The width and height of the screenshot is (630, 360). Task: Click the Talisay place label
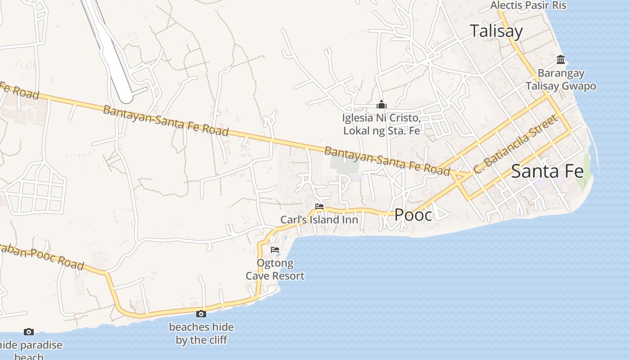click(x=496, y=31)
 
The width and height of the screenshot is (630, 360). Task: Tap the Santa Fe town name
click(x=547, y=171)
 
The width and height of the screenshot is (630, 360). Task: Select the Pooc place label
click(x=413, y=215)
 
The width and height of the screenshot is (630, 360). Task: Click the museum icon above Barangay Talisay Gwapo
click(x=561, y=59)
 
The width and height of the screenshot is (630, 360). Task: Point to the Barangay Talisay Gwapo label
click(x=561, y=80)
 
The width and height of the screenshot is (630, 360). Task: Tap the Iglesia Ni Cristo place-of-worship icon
click(x=382, y=105)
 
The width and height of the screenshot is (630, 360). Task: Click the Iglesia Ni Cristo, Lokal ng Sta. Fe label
click(x=382, y=124)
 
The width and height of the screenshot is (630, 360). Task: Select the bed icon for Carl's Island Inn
click(x=319, y=207)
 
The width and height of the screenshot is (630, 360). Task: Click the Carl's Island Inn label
click(x=319, y=220)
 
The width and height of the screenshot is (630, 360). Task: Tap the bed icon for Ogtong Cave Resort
click(x=275, y=250)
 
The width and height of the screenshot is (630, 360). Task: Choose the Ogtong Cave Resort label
click(x=275, y=270)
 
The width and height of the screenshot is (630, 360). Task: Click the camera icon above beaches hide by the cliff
click(x=201, y=314)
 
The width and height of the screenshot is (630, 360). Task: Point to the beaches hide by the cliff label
click(x=201, y=333)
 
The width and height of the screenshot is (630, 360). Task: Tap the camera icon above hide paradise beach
click(x=29, y=332)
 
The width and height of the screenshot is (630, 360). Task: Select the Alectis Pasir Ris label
click(x=528, y=5)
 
